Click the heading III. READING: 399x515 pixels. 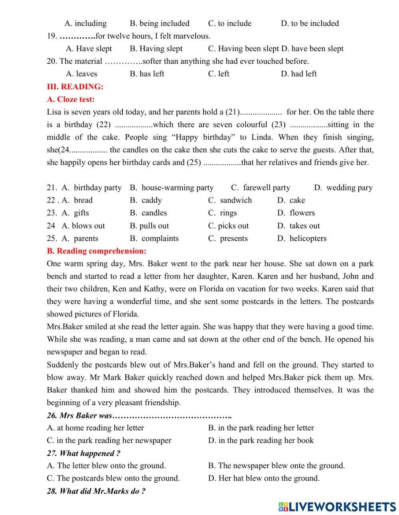(x=75, y=87)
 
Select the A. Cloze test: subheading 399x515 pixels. (x=71, y=99)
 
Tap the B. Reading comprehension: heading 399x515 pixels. (x=97, y=251)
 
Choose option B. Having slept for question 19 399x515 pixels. (x=156, y=49)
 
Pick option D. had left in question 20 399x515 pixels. (x=298, y=74)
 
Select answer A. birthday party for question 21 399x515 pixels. (x=92, y=187)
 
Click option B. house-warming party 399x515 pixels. (x=172, y=187)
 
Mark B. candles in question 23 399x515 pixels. (x=148, y=213)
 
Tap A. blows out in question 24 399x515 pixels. (x=83, y=226)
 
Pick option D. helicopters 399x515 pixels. (x=302, y=239)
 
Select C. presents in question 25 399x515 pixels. (x=228, y=239)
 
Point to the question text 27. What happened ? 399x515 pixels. (x=83, y=453)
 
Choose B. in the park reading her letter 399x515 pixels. (x=261, y=428)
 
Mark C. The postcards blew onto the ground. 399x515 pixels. (x=113, y=478)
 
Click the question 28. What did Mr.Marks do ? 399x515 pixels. (x=96, y=491)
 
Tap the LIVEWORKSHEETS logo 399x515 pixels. (x=337, y=507)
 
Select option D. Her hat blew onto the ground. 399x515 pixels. (x=264, y=478)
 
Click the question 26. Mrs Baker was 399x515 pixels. (x=139, y=415)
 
